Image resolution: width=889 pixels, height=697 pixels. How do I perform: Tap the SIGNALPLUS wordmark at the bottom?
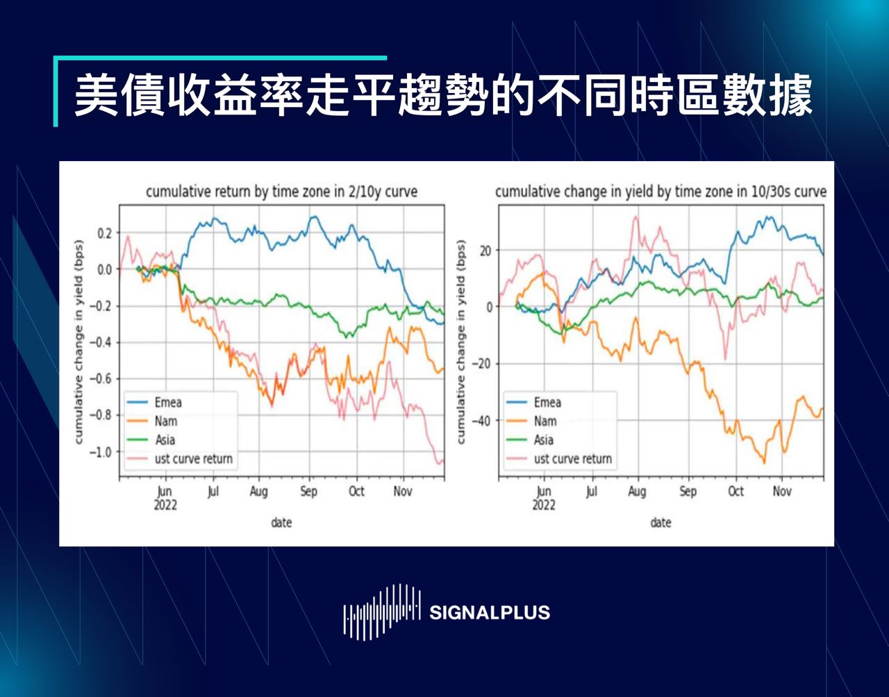[490, 612]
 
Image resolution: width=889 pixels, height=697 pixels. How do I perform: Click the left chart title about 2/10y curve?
[281, 192]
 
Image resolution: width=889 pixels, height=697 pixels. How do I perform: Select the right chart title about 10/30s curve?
[660, 192]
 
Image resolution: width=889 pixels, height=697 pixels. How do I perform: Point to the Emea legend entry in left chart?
[168, 403]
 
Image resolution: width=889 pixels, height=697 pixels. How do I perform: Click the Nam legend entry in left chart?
[166, 421]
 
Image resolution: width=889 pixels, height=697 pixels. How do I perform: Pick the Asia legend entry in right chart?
[544, 440]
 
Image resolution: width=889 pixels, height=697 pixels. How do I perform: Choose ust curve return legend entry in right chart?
[572, 459]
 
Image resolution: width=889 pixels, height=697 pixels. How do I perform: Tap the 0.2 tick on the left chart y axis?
[104, 233]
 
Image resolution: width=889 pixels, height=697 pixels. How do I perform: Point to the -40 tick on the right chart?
[481, 421]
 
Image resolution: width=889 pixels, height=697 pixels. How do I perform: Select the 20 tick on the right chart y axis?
[484, 250]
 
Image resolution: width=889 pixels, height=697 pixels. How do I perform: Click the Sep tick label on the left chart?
[308, 492]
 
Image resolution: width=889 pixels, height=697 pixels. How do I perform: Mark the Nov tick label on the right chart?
[782, 492]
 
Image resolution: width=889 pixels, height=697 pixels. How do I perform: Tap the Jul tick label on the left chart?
[213, 492]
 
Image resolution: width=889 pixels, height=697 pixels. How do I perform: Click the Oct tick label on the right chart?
[736, 492]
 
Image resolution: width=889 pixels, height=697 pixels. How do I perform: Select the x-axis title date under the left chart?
[281, 522]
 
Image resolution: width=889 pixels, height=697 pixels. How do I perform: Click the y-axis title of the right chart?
[460, 342]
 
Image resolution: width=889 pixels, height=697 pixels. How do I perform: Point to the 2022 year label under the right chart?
[544, 505]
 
